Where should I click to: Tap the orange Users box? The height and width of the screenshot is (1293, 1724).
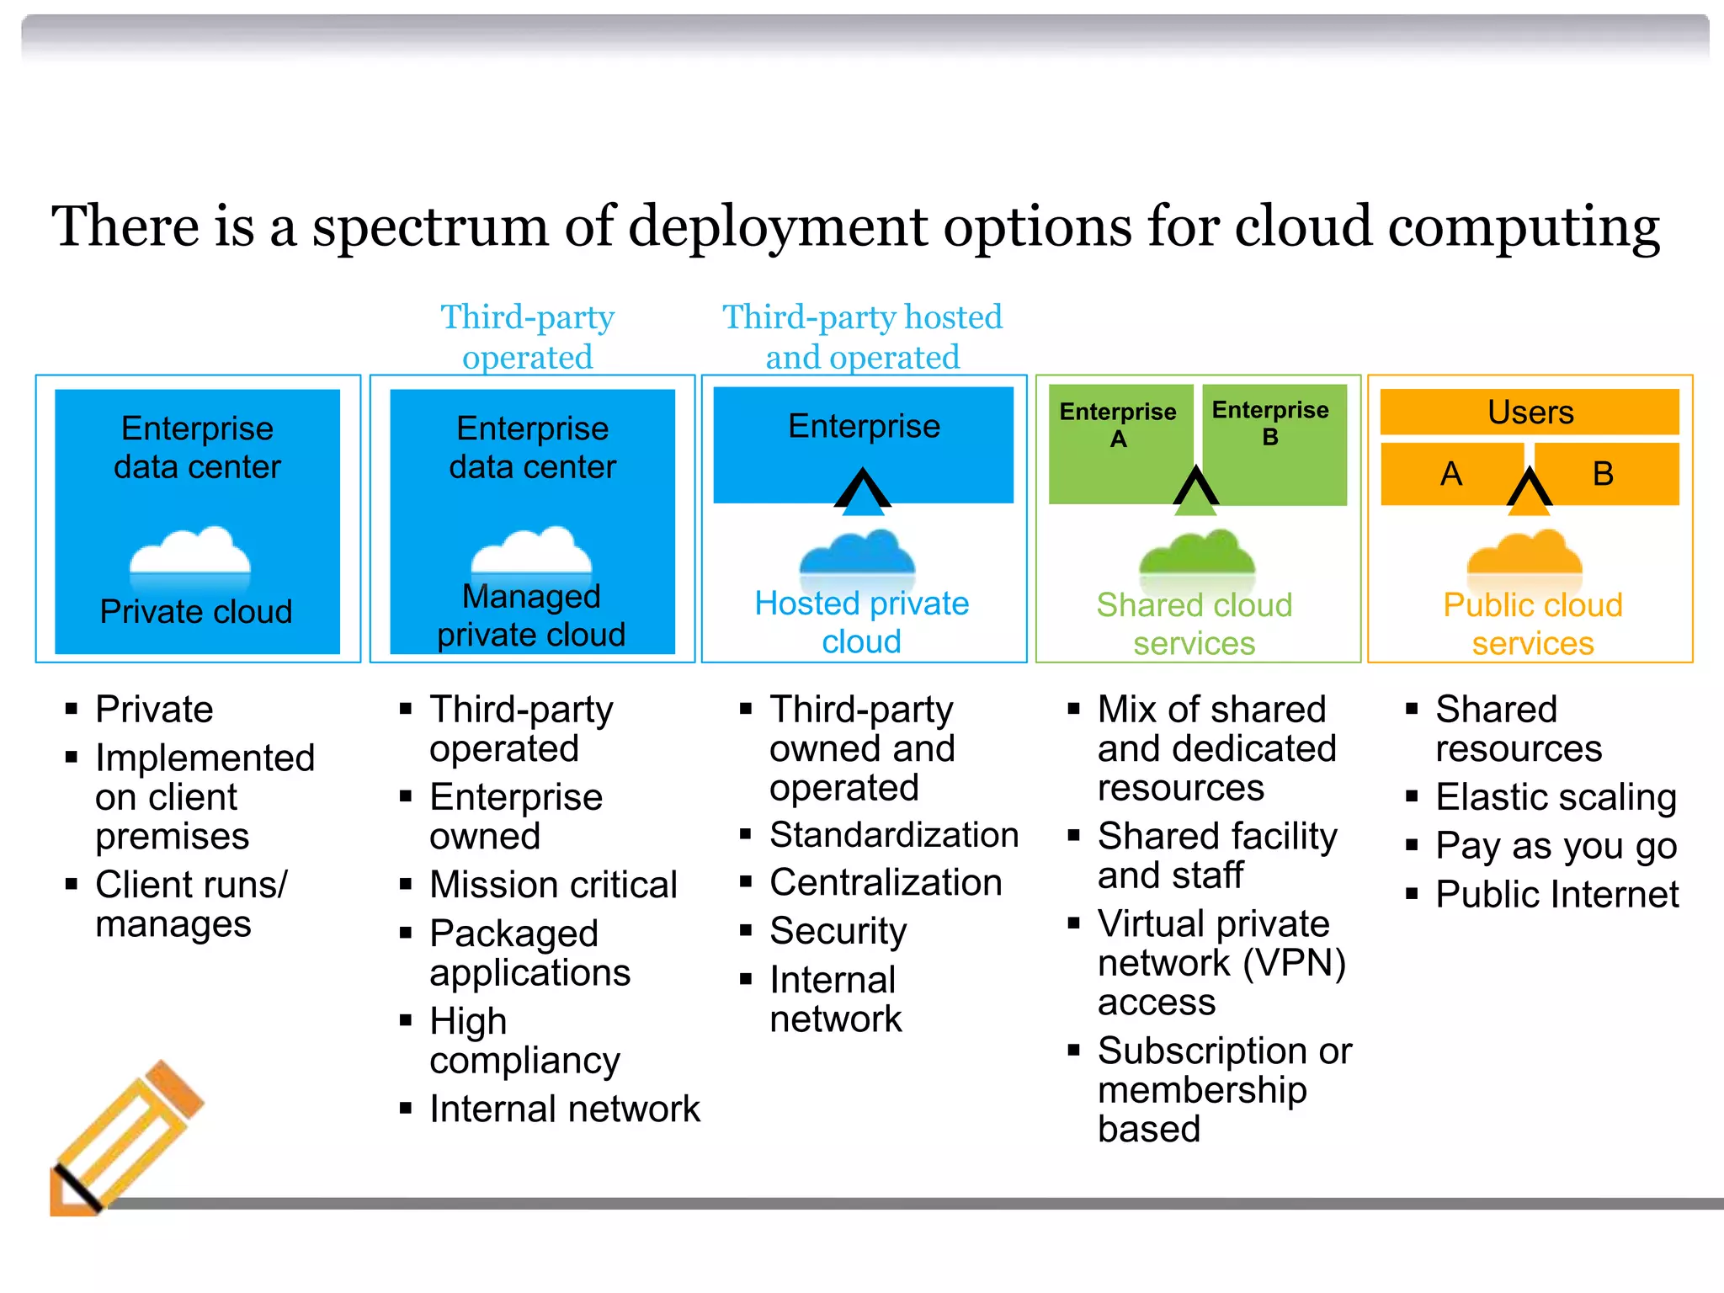tap(1530, 412)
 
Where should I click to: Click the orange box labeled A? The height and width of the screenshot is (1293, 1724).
tap(1450, 474)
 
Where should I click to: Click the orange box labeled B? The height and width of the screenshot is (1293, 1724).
tap(1604, 474)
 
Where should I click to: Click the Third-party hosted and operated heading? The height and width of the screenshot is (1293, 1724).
tap(862, 337)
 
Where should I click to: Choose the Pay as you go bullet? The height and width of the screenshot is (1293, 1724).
tap(1556, 845)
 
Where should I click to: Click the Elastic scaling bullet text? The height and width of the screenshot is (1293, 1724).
tap(1556, 796)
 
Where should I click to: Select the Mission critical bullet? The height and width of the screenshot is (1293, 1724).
tap(553, 885)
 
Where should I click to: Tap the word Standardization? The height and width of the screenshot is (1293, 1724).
tap(894, 835)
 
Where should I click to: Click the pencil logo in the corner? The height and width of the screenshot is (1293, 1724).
tap(126, 1136)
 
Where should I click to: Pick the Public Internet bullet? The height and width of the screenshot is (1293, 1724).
tap(1556, 894)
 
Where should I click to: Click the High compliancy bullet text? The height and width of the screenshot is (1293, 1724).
tap(524, 1040)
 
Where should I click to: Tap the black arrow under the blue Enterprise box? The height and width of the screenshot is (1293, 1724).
tap(862, 491)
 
